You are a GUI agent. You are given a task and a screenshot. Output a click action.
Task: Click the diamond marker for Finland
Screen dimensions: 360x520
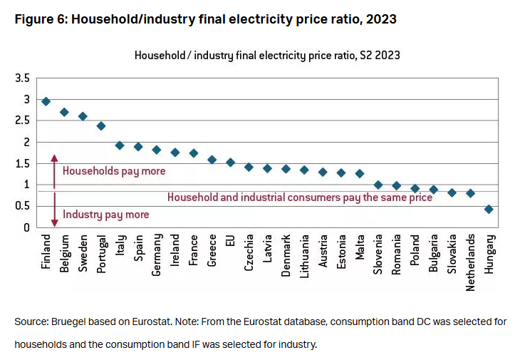(x=46, y=101)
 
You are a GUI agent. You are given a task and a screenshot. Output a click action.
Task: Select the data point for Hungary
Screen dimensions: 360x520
(x=489, y=209)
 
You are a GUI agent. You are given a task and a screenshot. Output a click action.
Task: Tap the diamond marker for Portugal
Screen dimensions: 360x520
(x=101, y=125)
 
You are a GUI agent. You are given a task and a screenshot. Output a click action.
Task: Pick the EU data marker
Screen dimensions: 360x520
(x=230, y=163)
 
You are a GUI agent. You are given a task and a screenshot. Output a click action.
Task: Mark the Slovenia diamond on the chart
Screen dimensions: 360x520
(x=378, y=185)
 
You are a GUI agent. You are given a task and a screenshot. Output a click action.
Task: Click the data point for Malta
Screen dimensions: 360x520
(x=360, y=173)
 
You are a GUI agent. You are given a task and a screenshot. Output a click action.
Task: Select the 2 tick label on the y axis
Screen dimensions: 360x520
(x=26, y=142)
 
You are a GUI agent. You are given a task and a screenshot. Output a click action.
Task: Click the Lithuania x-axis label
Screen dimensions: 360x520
(x=304, y=257)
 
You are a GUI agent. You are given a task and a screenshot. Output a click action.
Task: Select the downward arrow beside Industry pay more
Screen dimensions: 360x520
(x=53, y=213)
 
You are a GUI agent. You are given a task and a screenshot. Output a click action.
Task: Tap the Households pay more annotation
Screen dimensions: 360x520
(x=114, y=171)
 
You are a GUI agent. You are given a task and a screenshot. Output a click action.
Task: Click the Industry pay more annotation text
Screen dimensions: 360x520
(x=106, y=215)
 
